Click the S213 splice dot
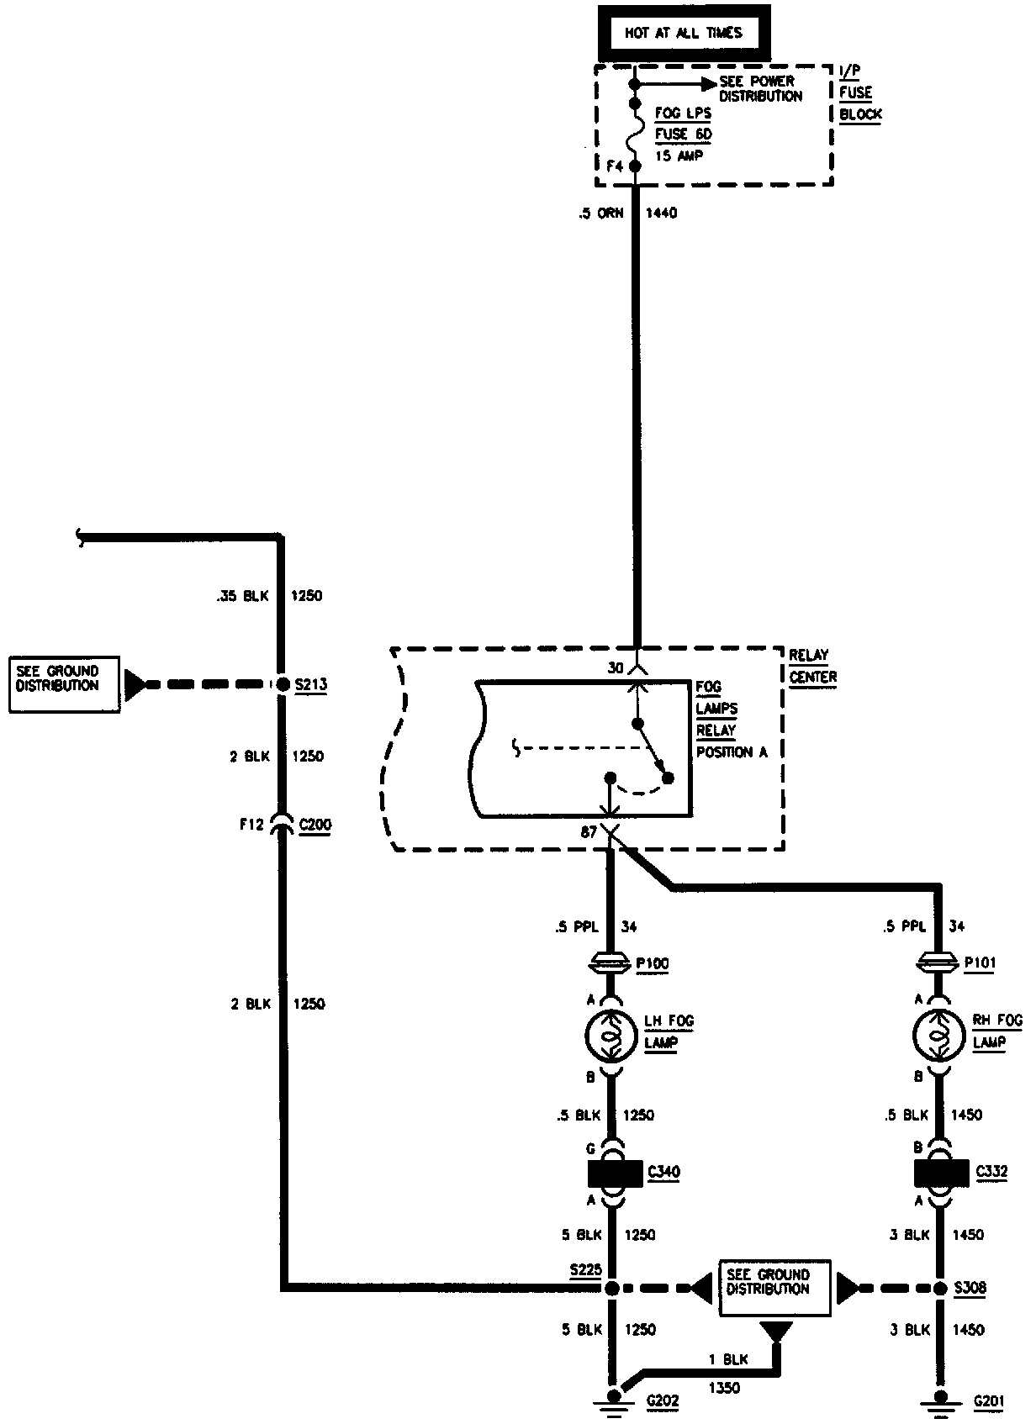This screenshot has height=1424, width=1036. [283, 684]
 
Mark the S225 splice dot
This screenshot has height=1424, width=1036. [612, 1288]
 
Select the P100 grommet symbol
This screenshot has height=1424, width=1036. [611, 963]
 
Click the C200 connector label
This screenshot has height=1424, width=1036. [314, 825]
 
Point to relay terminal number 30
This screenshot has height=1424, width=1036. [616, 667]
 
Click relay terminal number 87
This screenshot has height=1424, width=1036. [589, 832]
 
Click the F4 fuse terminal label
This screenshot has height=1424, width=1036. [615, 166]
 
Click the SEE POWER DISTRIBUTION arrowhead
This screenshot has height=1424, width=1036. [706, 83]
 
